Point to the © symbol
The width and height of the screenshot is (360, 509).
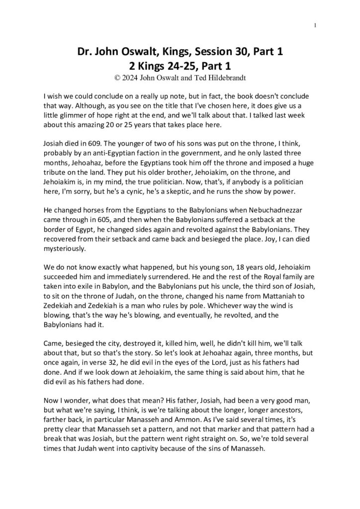coord(117,77)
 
